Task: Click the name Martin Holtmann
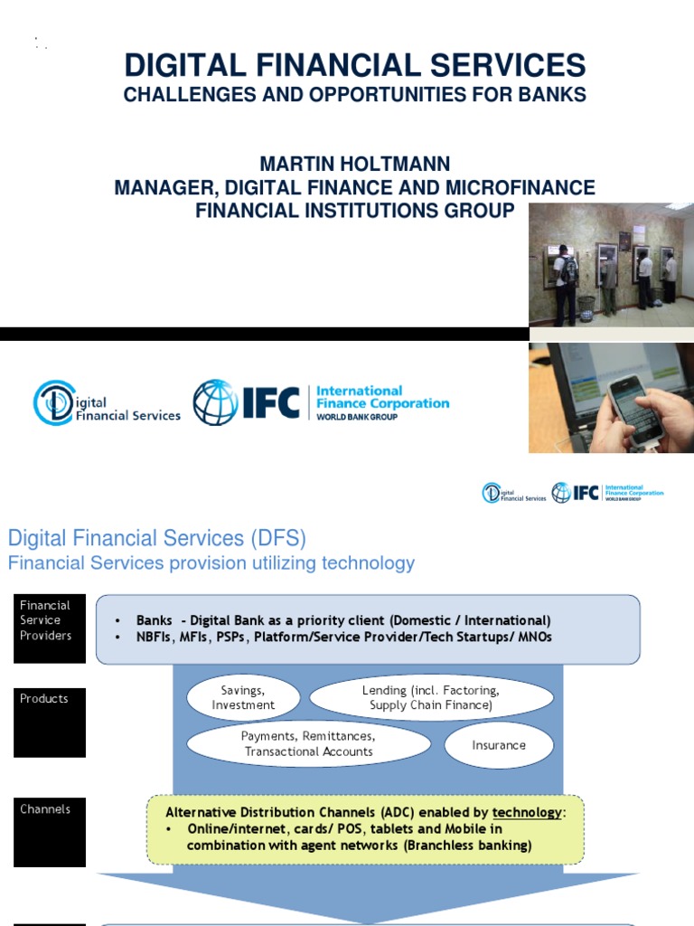[355, 165]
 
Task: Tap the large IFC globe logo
[216, 402]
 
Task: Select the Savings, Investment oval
[243, 697]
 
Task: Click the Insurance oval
[498, 745]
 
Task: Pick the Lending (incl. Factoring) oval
[430, 697]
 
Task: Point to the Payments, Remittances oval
[308, 744]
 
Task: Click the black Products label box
[50, 721]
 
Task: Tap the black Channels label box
[50, 830]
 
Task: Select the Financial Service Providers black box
[50, 627]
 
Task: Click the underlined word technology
[526, 812]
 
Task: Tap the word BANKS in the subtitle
[553, 94]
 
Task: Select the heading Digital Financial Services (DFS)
[157, 539]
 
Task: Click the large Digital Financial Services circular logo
[53, 403]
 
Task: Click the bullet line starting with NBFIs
[343, 637]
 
